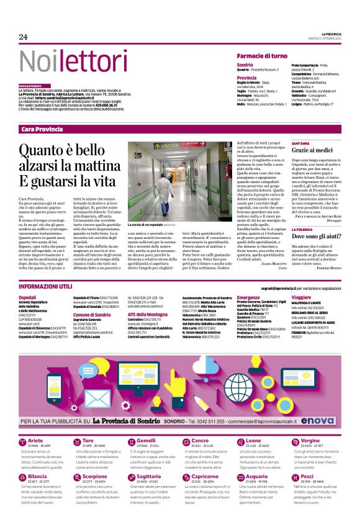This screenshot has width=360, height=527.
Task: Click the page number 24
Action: [x=24, y=37]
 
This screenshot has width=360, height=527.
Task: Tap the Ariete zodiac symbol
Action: [x=24, y=425]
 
